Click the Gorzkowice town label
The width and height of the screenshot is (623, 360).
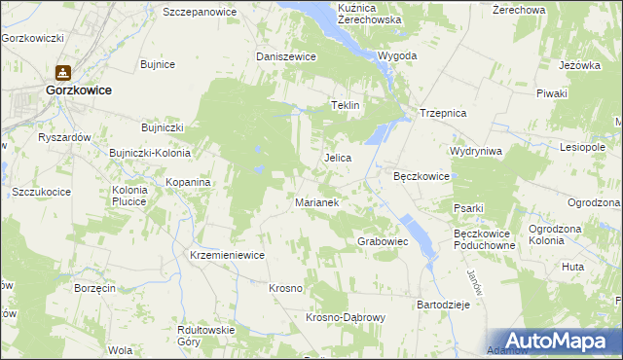tap(78, 90)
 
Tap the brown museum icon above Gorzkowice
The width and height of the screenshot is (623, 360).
tap(63, 72)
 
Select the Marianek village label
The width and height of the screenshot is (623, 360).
tap(316, 202)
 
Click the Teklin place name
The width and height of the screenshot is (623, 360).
tap(347, 105)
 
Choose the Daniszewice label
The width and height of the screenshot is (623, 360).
tap(286, 56)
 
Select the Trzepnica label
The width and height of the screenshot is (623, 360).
tap(444, 113)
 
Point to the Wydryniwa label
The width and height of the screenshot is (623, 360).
tap(475, 152)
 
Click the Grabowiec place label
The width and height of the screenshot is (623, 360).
tap(383, 240)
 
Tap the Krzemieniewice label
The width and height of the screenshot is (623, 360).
tap(228, 254)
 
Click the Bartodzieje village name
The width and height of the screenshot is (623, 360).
tap(444, 305)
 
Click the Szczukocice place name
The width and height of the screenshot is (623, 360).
tap(41, 192)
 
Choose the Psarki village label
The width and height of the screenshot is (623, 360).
tap(468, 207)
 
